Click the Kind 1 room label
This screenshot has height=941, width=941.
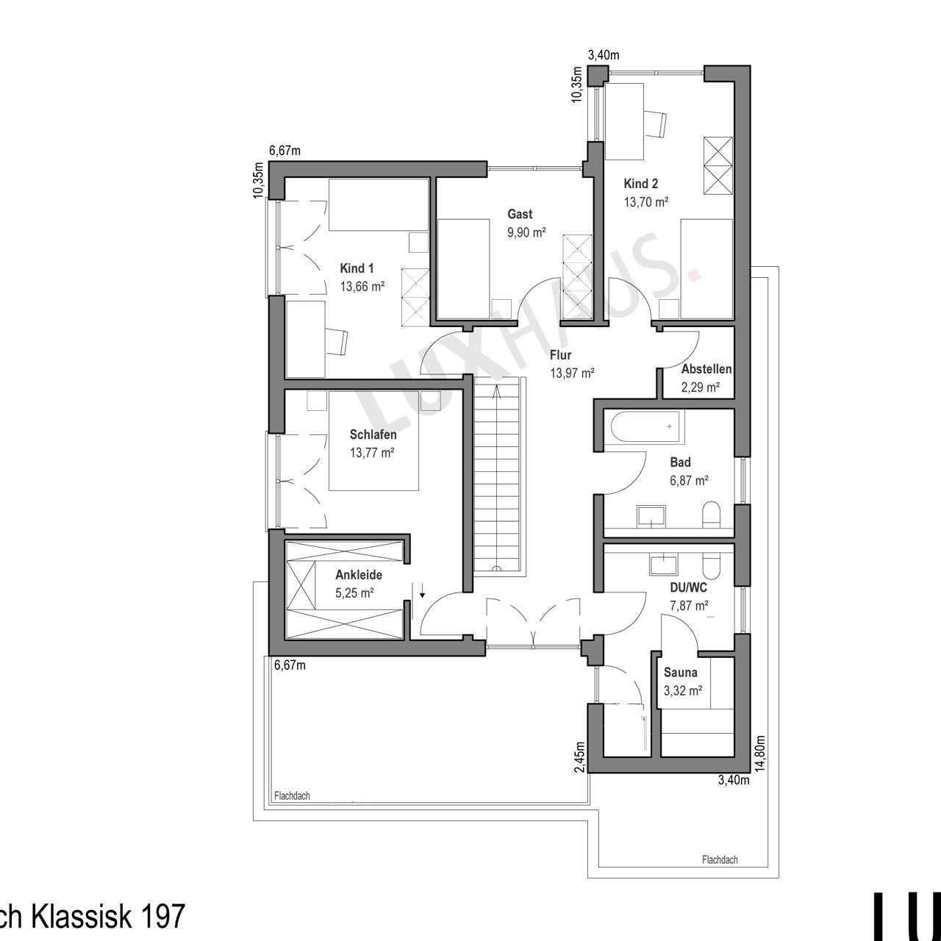tap(357, 268)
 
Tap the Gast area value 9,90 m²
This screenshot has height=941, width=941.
tap(526, 232)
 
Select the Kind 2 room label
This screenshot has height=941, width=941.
tap(640, 184)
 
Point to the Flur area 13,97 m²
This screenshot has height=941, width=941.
tap(572, 373)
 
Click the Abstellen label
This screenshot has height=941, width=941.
tap(706, 369)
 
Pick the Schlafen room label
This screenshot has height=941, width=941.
tap(373, 434)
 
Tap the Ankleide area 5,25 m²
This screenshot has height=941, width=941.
tap(354, 593)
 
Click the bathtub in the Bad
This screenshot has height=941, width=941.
tap(644, 427)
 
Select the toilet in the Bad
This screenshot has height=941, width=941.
tap(711, 515)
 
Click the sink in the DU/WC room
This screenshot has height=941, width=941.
tap(664, 564)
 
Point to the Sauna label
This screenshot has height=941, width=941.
tap(680, 673)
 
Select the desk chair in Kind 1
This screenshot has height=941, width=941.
tap(337, 341)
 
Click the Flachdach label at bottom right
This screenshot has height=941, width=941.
tap(720, 873)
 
